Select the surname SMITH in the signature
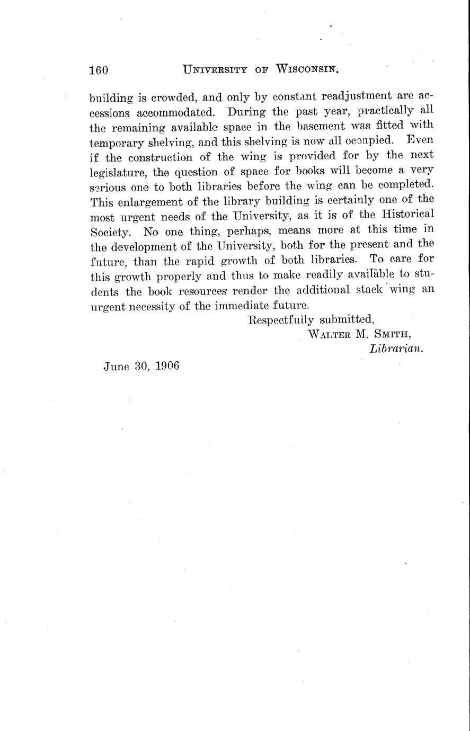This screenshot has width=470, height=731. click(x=391, y=334)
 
